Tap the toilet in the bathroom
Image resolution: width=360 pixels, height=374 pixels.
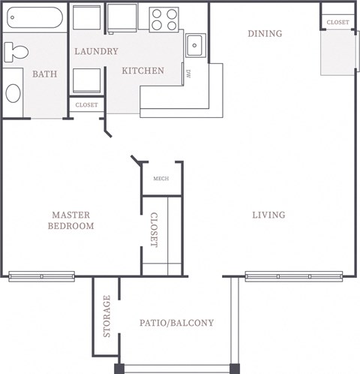pos(15,52)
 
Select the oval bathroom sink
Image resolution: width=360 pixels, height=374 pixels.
pos(13,93)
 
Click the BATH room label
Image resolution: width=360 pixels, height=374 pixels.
pos(44,74)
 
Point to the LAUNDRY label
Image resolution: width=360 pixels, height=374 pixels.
pos(96,52)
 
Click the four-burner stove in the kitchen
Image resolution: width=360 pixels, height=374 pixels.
pos(165,18)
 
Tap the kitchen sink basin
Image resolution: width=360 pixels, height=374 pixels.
pos(194,45)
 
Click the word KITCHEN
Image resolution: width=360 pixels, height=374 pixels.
pos(143,71)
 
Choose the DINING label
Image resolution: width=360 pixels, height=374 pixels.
pos(265,34)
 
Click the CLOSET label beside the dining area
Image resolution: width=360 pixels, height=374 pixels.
pos(338,23)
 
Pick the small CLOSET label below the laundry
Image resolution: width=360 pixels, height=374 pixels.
pos(87,105)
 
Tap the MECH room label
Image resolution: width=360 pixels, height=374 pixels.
pos(160,178)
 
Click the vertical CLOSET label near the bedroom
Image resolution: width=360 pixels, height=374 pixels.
pos(154,231)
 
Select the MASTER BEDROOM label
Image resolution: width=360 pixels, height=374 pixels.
pos(71,220)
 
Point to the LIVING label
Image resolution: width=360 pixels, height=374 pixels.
pos(268,216)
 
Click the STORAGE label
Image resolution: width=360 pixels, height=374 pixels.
pos(107,316)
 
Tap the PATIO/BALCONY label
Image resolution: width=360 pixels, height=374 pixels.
pos(177,324)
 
